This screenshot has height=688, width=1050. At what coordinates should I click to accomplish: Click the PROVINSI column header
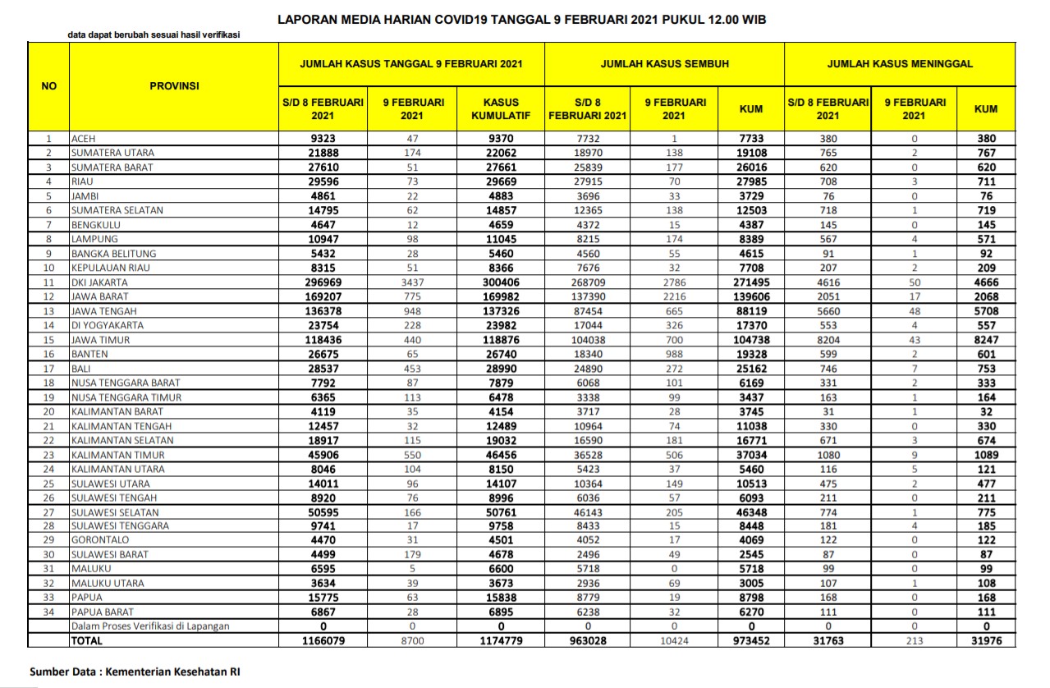pyautogui.click(x=174, y=85)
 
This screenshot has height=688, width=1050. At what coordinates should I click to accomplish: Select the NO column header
pyautogui.click(x=48, y=85)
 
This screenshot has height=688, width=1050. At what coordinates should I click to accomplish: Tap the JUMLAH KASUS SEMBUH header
pyautogui.click(x=664, y=63)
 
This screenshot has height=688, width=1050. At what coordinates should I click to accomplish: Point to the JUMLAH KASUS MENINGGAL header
pyautogui.click(x=900, y=63)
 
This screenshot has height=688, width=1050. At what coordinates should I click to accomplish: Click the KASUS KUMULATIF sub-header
pyautogui.click(x=502, y=108)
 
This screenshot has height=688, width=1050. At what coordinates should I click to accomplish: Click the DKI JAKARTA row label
pyautogui.click(x=99, y=282)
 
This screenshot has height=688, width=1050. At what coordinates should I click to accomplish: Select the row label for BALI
pyautogui.click(x=81, y=369)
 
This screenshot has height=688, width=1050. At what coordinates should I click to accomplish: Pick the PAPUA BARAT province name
pyautogui.click(x=102, y=612)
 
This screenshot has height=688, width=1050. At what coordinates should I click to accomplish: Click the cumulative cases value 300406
pyautogui.click(x=502, y=282)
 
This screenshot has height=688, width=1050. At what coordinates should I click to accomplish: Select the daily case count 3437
pyautogui.click(x=414, y=282)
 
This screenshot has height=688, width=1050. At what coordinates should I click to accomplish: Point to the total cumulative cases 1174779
pyautogui.click(x=502, y=640)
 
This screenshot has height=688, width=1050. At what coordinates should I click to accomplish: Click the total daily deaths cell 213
pyautogui.click(x=915, y=640)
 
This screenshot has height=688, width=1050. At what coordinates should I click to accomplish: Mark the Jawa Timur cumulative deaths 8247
pyautogui.click(x=986, y=339)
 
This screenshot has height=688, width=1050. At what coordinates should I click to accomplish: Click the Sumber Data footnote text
pyautogui.click(x=135, y=672)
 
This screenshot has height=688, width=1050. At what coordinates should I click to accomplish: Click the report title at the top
pyautogui.click(x=522, y=18)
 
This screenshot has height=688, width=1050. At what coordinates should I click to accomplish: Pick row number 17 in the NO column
pyautogui.click(x=48, y=369)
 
